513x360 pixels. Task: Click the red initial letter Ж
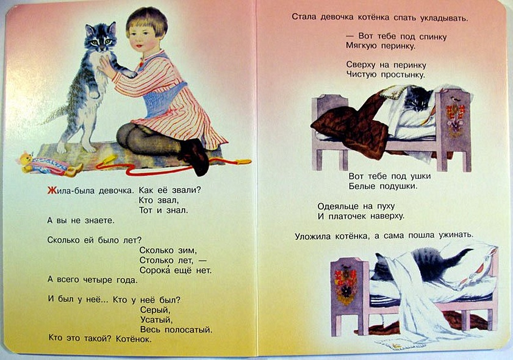coord(52,190)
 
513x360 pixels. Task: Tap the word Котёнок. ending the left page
coord(134,339)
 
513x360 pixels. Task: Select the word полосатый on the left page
coord(188,329)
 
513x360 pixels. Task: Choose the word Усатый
coord(156,320)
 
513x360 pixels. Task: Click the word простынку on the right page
coord(403,74)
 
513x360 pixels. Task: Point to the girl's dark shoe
coord(195,156)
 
